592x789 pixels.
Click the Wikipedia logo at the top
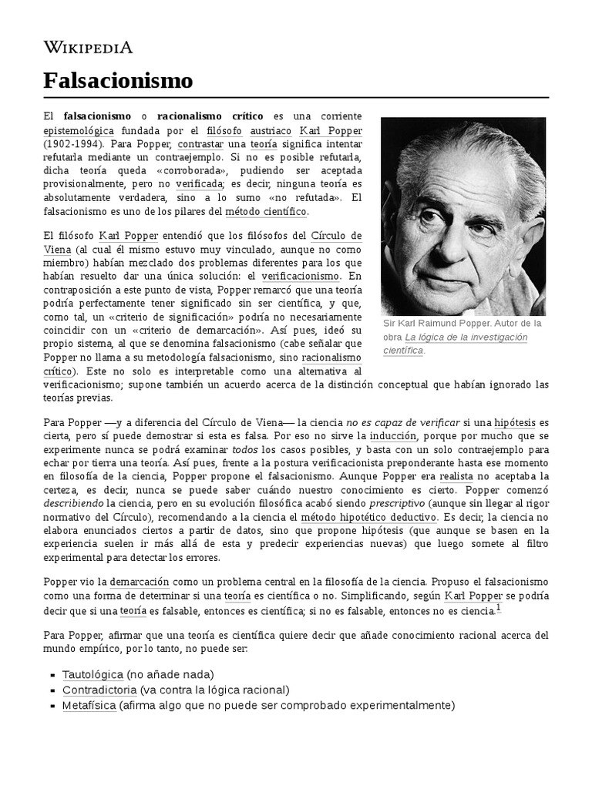click(88, 48)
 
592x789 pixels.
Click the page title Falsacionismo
click(117, 80)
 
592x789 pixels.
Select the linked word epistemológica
click(79, 130)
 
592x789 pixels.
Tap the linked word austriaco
click(267, 130)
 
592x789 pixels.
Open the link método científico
click(266, 211)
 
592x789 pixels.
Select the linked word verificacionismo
click(300, 275)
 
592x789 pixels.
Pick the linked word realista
click(456, 477)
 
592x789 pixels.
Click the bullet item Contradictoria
click(99, 689)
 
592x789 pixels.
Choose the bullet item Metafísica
click(89, 705)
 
